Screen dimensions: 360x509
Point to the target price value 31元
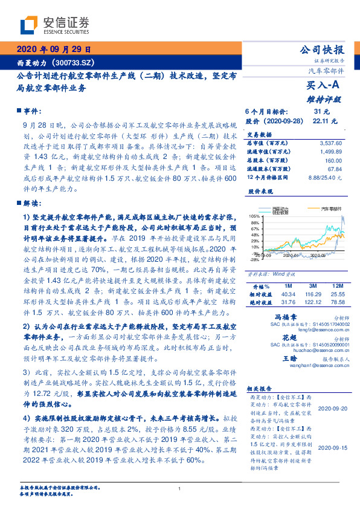(321, 112)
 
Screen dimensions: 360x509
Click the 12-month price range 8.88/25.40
(322, 177)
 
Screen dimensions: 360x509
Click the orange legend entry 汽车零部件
(329, 207)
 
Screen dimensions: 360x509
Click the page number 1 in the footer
(180, 489)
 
